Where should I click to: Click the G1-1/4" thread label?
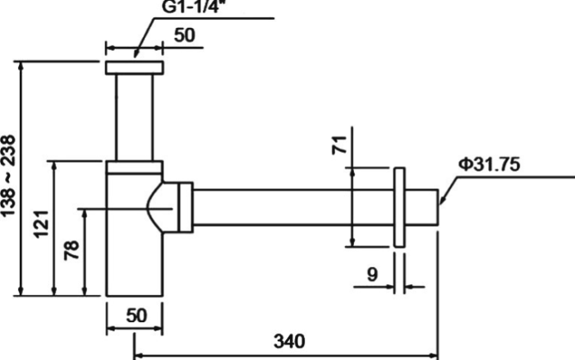[191, 7]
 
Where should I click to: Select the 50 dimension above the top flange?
[185, 35]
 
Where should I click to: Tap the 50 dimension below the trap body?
[136, 316]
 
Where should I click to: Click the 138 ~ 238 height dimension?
[8, 176]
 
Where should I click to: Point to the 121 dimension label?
[41, 224]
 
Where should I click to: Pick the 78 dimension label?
[72, 251]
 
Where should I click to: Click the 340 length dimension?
[289, 341]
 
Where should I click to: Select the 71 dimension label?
[339, 145]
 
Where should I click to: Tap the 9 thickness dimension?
[372, 275]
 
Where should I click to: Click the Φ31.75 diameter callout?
[490, 164]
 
